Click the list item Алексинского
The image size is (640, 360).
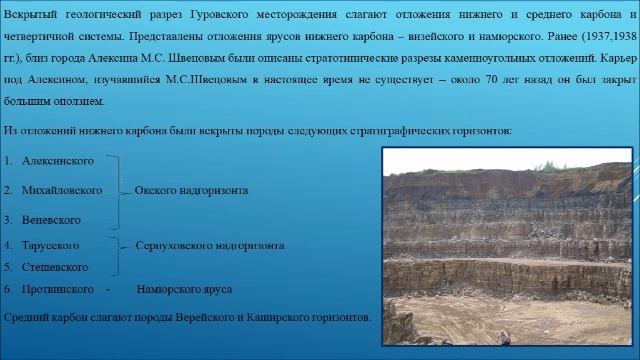[x=58, y=160]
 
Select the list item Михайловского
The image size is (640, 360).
[x=62, y=189]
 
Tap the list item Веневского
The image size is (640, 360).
[x=51, y=218]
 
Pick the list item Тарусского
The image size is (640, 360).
[x=50, y=244]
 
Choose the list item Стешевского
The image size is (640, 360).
[x=55, y=267]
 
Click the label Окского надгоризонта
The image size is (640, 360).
[x=191, y=189]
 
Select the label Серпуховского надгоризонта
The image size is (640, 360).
[x=209, y=244]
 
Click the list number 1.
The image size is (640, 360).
[x=8, y=160]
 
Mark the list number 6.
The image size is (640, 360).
[x=8, y=289]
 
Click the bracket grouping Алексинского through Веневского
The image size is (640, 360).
[x=116, y=189]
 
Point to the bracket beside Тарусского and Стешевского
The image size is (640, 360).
[x=116, y=255]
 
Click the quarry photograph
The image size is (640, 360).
[x=507, y=245]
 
